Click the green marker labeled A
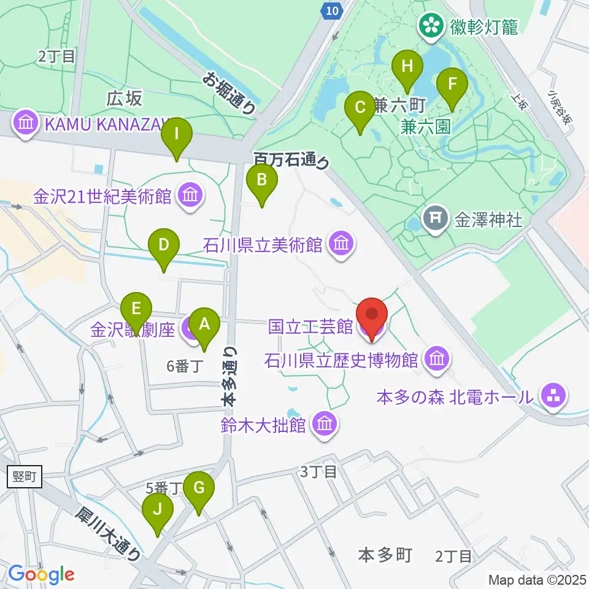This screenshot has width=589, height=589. (x=204, y=324)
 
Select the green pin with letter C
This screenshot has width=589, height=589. (x=360, y=109)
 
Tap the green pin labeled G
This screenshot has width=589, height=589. (x=199, y=489)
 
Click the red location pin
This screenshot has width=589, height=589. (x=372, y=316)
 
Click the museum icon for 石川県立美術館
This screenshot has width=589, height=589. (x=341, y=245)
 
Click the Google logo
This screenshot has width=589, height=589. (x=41, y=574)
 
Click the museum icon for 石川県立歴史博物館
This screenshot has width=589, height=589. (x=437, y=358)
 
